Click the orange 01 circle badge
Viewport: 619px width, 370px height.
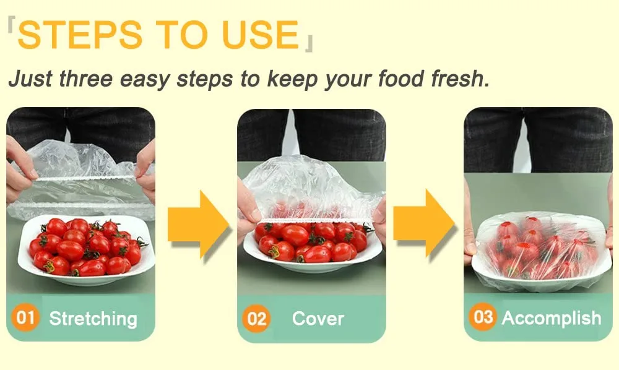coord(25,317)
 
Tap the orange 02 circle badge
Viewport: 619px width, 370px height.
coord(256,318)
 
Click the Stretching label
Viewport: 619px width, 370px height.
coord(93,319)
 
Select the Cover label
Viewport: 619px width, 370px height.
coord(318,319)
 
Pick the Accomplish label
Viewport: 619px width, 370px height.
coord(552,318)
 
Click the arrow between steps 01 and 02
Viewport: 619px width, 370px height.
coord(198,224)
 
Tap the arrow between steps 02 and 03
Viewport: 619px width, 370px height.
coord(423,223)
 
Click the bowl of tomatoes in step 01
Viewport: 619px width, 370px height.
coord(86,249)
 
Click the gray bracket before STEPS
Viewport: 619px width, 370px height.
coord(11,25)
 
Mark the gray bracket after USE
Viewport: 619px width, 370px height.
coord(309,44)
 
